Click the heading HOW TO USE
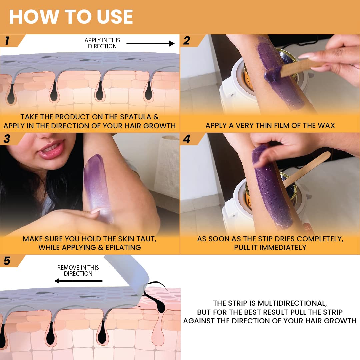[71, 17]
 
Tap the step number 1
[7, 41]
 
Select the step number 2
[187, 41]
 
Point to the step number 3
[7, 139]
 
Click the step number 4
[187, 139]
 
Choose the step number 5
[7, 261]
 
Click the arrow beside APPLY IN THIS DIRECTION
[150, 43]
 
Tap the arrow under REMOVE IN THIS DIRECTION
[78, 281]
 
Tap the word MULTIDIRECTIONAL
[292, 303]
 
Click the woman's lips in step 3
[51, 149]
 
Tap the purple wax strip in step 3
[98, 187]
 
